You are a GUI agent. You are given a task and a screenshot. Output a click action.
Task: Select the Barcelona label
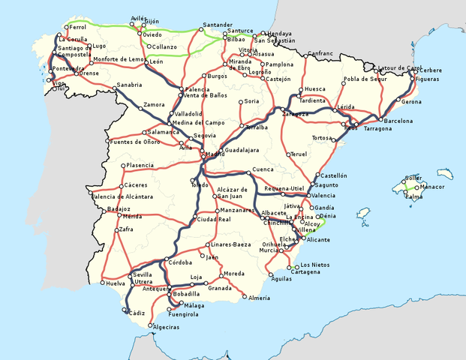coord(398,120)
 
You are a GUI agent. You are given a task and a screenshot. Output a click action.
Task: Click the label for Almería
coord(259,298)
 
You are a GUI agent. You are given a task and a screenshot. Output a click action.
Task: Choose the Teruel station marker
coord(289,154)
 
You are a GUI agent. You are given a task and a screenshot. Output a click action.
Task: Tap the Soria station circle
coord(240,101)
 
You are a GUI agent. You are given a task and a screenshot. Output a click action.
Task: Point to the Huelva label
coord(116,283)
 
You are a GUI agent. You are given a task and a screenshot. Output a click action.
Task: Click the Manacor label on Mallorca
coord(432,187)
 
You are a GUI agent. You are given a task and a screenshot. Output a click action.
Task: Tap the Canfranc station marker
coord(306,54)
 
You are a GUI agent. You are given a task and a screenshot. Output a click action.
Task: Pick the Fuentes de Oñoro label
coord(133,142)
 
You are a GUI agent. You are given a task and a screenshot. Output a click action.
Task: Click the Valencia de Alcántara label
coord(122,196)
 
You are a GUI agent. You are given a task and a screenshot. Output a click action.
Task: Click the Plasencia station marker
coord(123,166)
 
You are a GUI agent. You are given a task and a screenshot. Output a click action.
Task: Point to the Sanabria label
coord(129,85)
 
